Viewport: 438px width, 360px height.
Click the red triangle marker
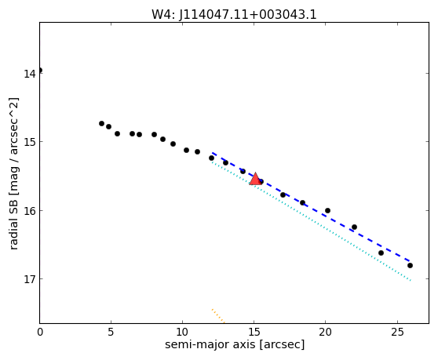[x=255, y=180]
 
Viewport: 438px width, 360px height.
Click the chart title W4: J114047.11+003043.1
[x=234, y=15]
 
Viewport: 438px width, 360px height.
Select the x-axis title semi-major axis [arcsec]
[x=235, y=344]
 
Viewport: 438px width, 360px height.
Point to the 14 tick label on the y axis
[x=29, y=74]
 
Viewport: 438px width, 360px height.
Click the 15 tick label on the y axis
[x=29, y=142]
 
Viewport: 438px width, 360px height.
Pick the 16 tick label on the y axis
[x=29, y=211]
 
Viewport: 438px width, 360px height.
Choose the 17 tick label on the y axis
[x=29, y=279]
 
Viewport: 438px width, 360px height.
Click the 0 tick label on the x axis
[x=40, y=332]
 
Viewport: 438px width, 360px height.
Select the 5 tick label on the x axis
[x=111, y=332]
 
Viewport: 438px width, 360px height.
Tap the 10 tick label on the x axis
[x=182, y=332]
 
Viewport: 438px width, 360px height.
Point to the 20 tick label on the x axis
[x=326, y=332]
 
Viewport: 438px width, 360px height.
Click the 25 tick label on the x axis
[x=397, y=332]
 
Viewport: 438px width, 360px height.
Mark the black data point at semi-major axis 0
[x=40, y=70]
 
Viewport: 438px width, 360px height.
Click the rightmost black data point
[x=410, y=265]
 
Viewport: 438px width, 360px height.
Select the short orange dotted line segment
[x=218, y=316]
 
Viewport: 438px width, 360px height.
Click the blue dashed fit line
[x=311, y=207]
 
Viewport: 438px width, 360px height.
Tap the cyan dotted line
[x=312, y=221]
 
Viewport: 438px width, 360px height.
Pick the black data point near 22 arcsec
[x=354, y=227]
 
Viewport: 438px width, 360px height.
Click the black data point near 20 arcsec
[x=327, y=210]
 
